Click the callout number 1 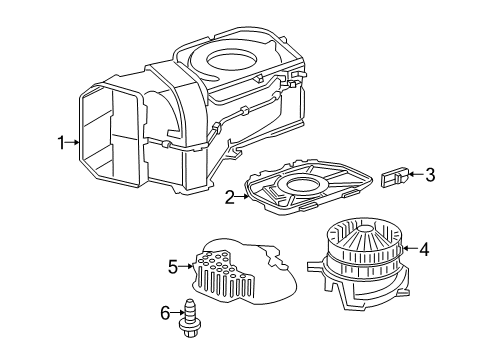[61, 143]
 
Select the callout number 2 [229, 198]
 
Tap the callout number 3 [430, 175]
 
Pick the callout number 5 [172, 266]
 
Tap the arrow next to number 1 [74, 143]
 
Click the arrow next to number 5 [185, 266]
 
